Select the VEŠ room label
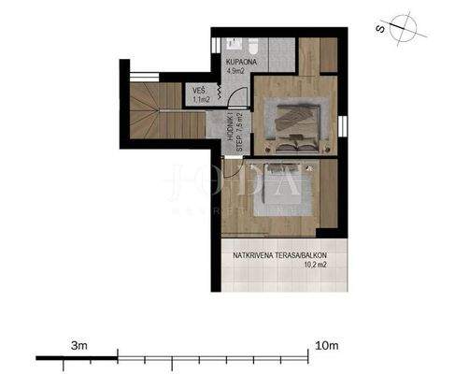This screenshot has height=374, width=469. (x=200, y=90)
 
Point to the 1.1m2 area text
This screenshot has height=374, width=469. (x=202, y=99)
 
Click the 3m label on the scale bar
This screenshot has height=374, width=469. (x=78, y=346)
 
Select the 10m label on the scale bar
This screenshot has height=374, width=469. (x=327, y=346)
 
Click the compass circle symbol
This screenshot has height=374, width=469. (x=405, y=25)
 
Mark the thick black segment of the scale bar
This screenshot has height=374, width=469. (x=77, y=357)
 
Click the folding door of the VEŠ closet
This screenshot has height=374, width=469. (x=219, y=93)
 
